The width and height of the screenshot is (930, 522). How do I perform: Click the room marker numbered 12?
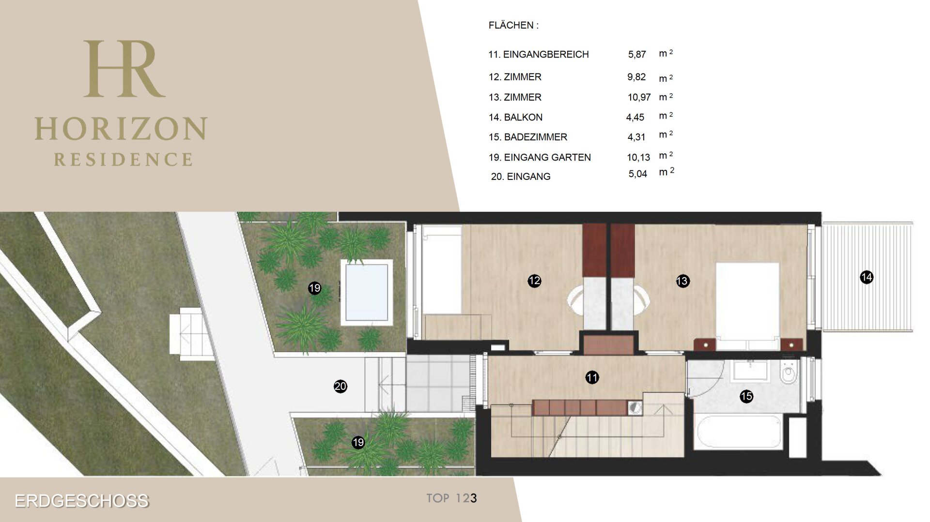pyautogui.click(x=534, y=281)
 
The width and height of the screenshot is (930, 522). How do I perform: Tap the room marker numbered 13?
pyautogui.click(x=682, y=281)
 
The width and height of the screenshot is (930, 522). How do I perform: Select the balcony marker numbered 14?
pyautogui.click(x=866, y=277)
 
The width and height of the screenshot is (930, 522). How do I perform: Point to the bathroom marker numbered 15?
pyautogui.click(x=746, y=397)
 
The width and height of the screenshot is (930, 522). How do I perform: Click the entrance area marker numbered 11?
pyautogui.click(x=592, y=377)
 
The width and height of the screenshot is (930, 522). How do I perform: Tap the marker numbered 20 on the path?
pyautogui.click(x=341, y=386)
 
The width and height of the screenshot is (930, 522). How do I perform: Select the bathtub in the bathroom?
pyautogui.click(x=738, y=432)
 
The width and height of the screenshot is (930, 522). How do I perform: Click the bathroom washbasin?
pyautogui.click(x=750, y=372)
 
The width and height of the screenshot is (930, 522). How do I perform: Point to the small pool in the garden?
pyautogui.click(x=366, y=292)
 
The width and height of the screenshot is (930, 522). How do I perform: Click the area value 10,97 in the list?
pyautogui.click(x=639, y=97)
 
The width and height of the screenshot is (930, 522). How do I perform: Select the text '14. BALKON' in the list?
pyautogui.click(x=515, y=117)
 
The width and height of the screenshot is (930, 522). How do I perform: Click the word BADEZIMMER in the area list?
pyautogui.click(x=535, y=137)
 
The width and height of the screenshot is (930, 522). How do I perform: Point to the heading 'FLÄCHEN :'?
pyautogui.click(x=513, y=25)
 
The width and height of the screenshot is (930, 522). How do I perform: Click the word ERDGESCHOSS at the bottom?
pyautogui.click(x=82, y=501)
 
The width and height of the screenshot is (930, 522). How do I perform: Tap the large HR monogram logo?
pyautogui.click(x=124, y=69)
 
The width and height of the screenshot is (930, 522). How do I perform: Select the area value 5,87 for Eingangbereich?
pyautogui.click(x=637, y=55)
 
